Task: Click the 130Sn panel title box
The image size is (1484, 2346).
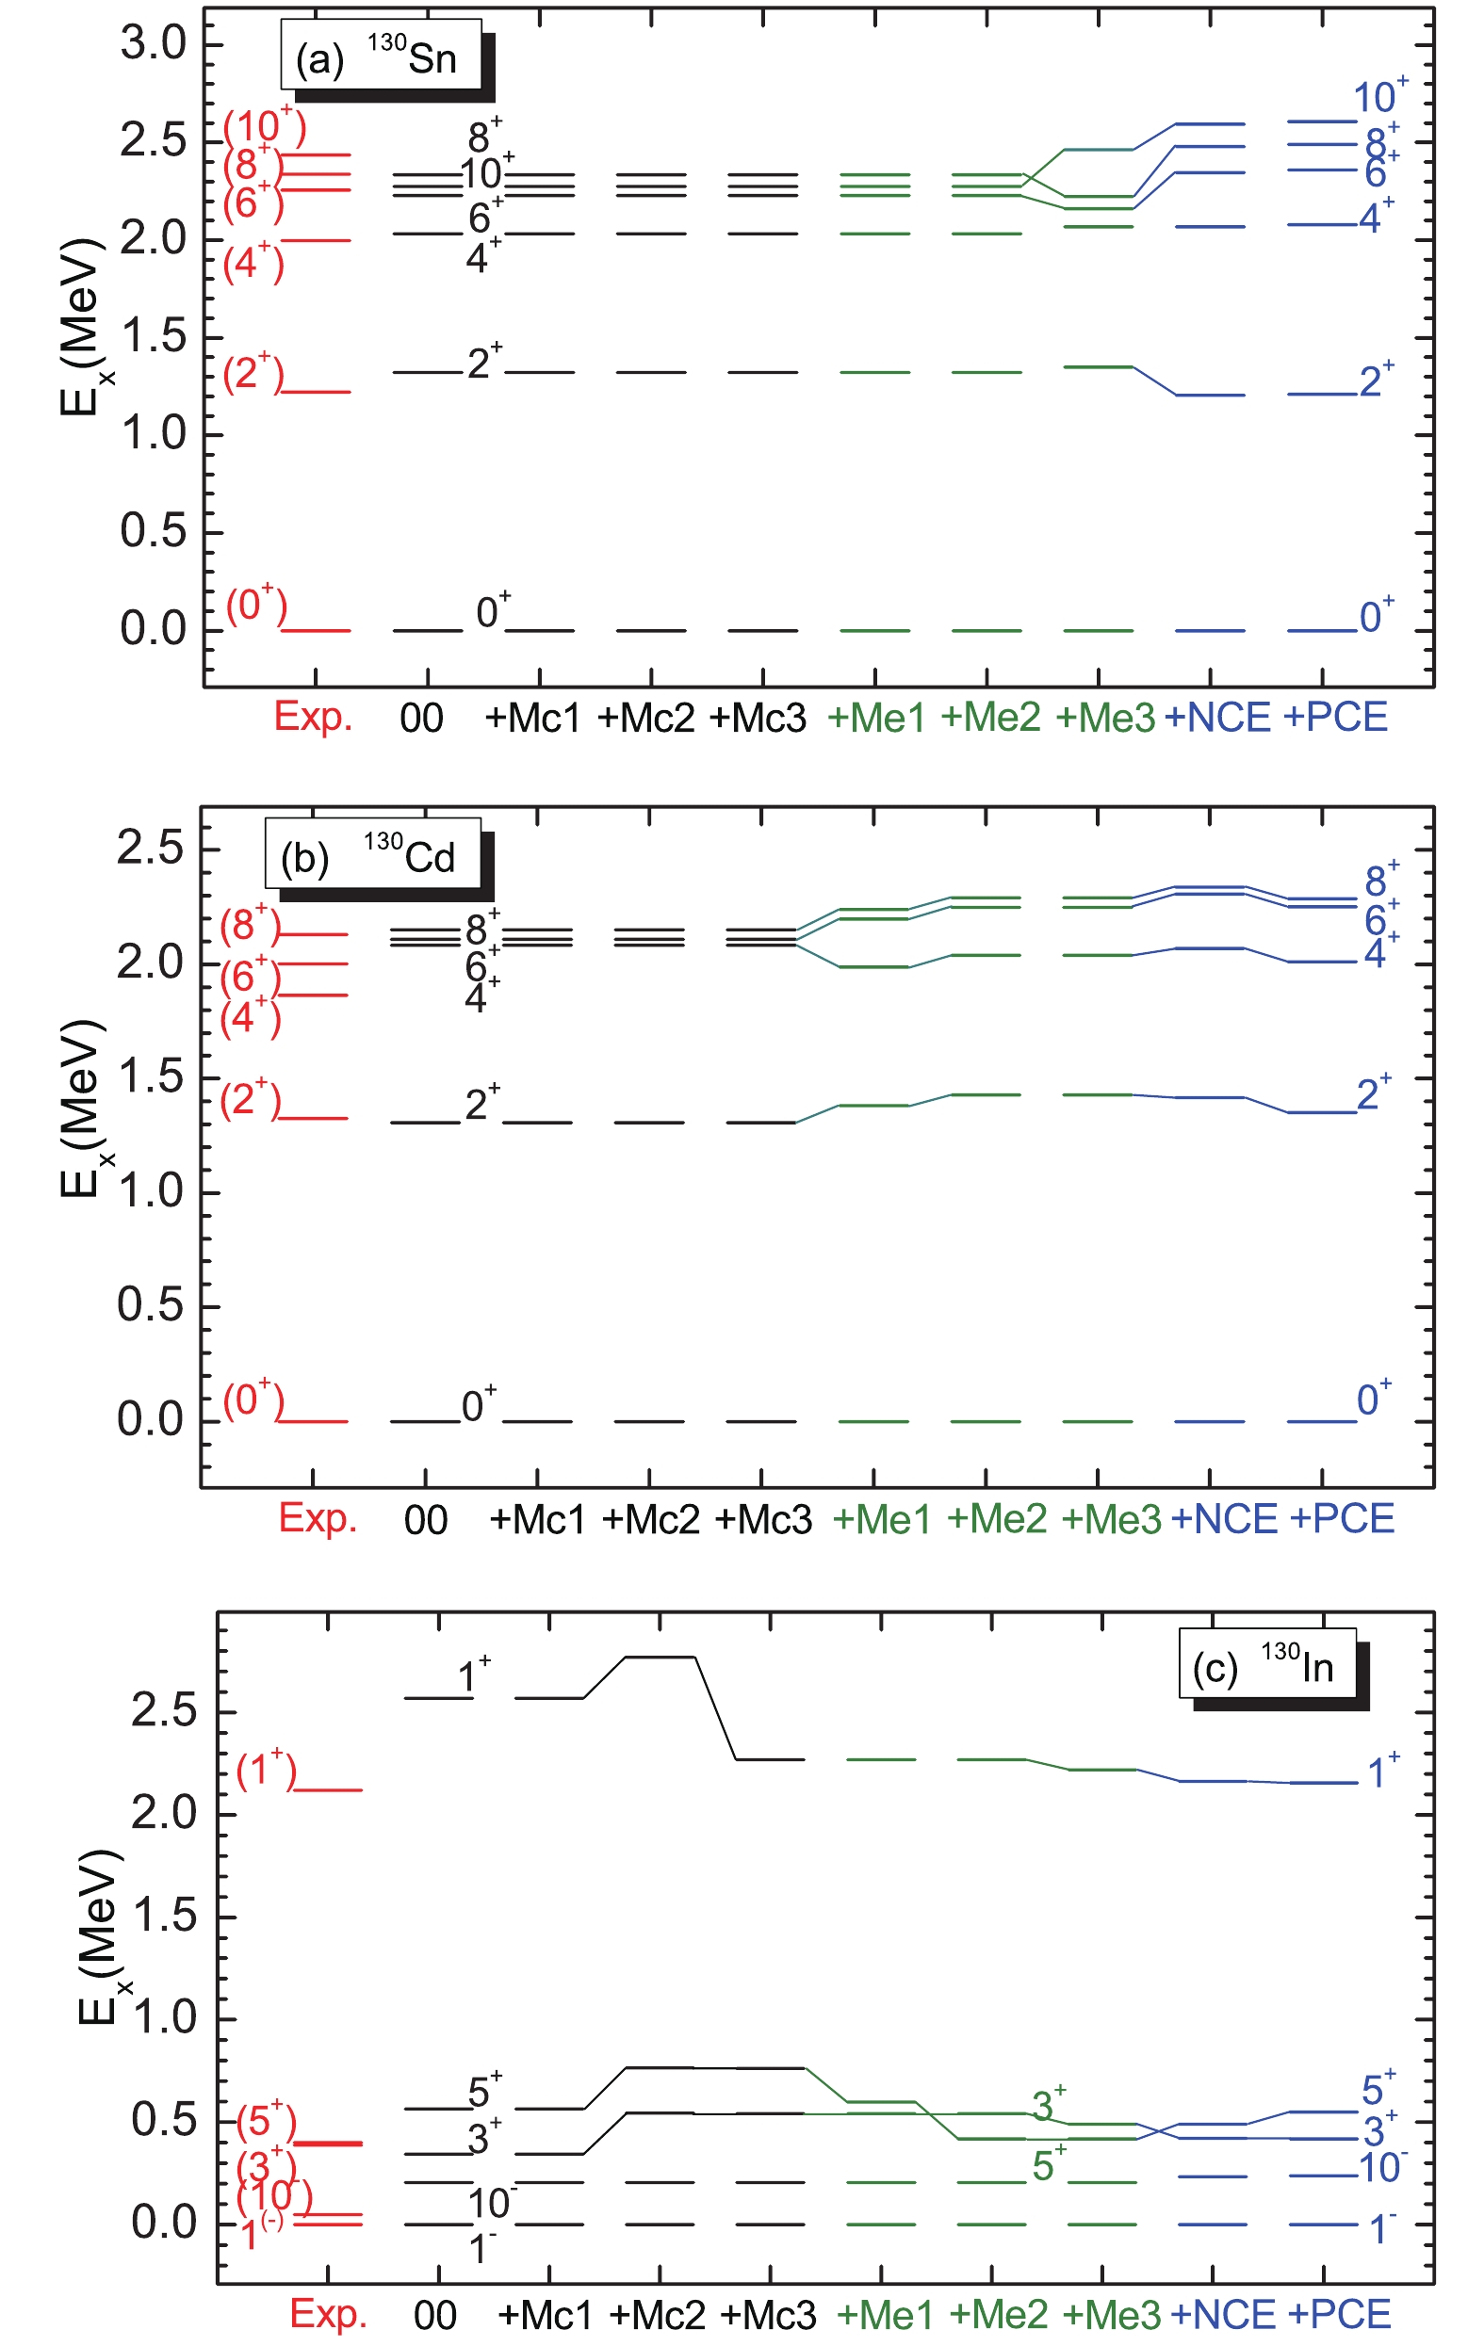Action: pyautogui.click(x=381, y=57)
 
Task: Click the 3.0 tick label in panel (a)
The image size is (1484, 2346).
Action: pyautogui.click(x=153, y=44)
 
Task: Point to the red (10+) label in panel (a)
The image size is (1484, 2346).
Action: pyautogui.click(x=264, y=126)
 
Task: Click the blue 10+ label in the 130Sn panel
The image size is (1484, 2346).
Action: pyautogui.click(x=1378, y=95)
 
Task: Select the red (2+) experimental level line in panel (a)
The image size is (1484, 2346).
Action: pyautogui.click(x=315, y=392)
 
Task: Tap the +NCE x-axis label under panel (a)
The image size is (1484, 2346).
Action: pyautogui.click(x=1217, y=718)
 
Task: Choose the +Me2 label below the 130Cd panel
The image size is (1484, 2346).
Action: pyautogui.click(x=996, y=1519)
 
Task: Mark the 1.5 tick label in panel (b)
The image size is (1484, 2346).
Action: pyautogui.click(x=150, y=1077)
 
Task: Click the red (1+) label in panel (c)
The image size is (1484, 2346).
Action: pyautogui.click(x=266, y=1769)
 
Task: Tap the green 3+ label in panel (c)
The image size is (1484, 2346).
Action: pyautogui.click(x=1049, y=2104)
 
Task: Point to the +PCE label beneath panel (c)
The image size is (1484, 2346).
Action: pyautogui.click(x=1339, y=2315)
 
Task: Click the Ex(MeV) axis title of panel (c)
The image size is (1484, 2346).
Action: pyautogui.click(x=99, y=1939)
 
